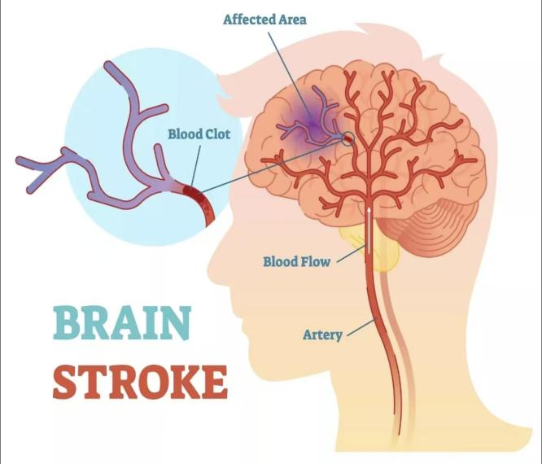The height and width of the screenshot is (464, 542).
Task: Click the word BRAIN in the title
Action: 122,323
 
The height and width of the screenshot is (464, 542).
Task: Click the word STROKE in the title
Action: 140,382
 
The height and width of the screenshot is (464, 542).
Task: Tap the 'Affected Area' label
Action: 264,19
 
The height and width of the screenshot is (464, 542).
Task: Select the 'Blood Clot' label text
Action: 199,134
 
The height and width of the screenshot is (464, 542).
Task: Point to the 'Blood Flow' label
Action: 296,261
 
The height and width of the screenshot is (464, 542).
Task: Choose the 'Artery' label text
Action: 322,335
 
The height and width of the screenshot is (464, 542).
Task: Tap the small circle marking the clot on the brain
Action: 348,138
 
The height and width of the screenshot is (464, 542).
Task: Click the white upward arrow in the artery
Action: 369,229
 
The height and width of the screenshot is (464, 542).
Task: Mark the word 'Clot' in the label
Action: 218,134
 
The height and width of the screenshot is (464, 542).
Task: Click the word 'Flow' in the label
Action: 316,261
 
